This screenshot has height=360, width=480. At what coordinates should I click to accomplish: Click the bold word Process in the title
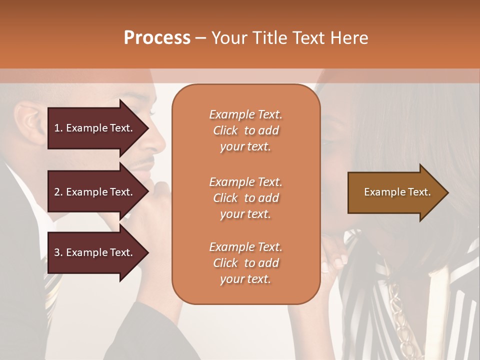point(157,38)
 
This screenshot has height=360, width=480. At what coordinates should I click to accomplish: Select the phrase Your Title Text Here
point(289,38)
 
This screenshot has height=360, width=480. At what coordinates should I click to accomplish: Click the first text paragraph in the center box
point(245,130)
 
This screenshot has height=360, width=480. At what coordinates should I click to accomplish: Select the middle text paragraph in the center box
point(245,198)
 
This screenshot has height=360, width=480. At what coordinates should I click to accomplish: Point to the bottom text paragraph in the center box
point(245,263)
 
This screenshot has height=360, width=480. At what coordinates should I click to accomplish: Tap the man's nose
point(158,142)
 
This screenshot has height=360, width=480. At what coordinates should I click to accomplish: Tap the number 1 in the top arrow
point(57,128)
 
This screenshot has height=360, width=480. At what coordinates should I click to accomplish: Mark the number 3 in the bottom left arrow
point(57,252)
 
